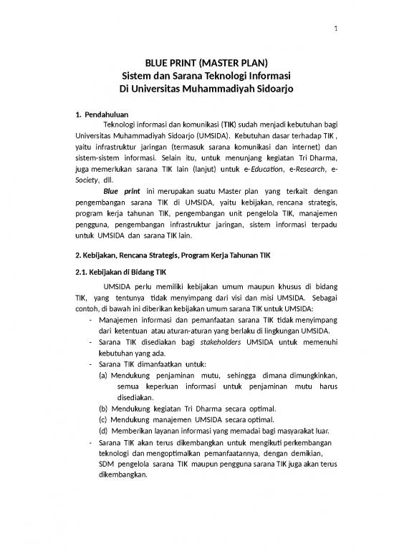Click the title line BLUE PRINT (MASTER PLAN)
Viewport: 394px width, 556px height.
point(197,62)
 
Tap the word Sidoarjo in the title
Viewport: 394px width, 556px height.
point(254,89)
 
